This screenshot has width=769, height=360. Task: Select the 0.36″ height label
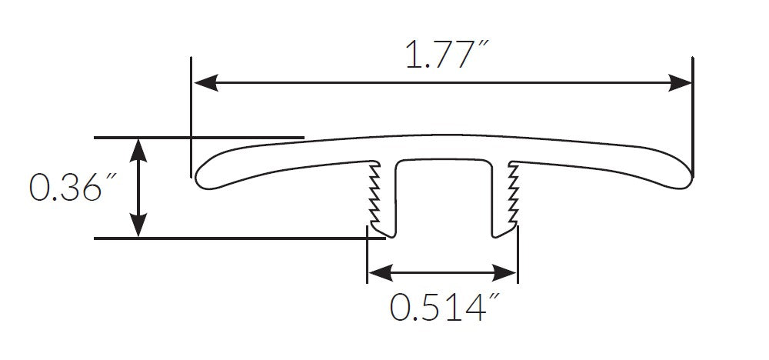[x=65, y=187]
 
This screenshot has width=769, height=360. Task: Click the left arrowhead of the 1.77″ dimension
[x=203, y=82]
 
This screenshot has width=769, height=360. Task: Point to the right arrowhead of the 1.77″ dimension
[x=680, y=82]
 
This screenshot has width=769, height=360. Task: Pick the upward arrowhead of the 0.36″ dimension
[x=138, y=148]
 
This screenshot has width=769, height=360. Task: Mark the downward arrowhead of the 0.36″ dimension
[x=138, y=227]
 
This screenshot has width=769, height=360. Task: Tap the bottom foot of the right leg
[x=501, y=231]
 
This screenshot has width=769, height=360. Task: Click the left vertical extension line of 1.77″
[x=189, y=115]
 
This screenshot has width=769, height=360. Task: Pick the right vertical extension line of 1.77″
[x=692, y=115]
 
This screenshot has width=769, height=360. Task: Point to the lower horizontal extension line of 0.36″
[x=231, y=238]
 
